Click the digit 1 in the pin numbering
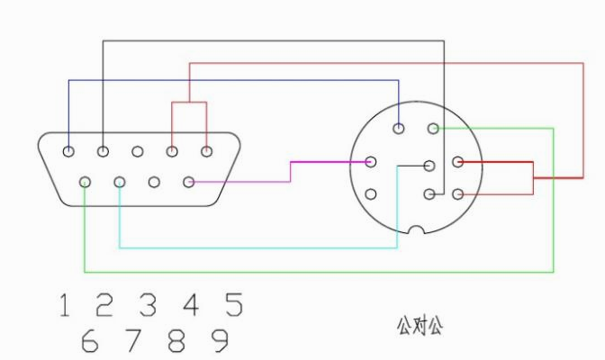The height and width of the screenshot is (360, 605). pos(65,305)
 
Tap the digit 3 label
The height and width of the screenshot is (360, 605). pos(148,305)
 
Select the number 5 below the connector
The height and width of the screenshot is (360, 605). pos(234,305)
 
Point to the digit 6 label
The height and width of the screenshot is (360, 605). pos(89,340)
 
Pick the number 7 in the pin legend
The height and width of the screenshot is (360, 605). pos(132,340)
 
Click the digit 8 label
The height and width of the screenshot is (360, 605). pos(176,340)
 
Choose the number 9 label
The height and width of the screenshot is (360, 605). pos(220,340)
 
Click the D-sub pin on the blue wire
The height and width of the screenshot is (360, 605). pos(68,151)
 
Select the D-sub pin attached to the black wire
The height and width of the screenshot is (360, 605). pos(103,151)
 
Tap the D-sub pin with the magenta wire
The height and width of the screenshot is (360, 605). pos(189,182)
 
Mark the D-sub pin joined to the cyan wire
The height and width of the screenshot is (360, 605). pos(120,182)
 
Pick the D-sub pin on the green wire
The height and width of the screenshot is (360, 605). pos(85,182)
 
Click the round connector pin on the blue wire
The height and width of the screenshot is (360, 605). pos(399,129)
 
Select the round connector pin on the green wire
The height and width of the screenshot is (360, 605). pos(433,129)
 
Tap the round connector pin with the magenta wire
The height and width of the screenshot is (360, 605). pos(371,162)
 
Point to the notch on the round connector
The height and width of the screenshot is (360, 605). pos(416,229)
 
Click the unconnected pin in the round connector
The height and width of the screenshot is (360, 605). pos(371,193)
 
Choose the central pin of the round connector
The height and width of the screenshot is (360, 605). pos(429,166)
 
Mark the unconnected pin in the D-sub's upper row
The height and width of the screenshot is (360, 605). pos(138,151)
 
